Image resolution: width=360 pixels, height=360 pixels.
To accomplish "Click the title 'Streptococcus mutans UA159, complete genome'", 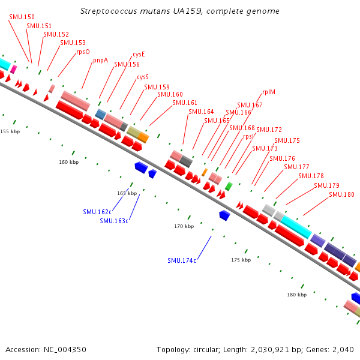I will [x=179, y=11].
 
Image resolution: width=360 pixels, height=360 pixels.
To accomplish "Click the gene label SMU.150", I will [x=22, y=17].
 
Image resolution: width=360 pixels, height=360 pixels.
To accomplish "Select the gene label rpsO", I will [x=83, y=52].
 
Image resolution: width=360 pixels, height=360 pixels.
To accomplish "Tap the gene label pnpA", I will [x=100, y=60].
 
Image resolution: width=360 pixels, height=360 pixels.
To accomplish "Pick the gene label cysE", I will [x=139, y=54].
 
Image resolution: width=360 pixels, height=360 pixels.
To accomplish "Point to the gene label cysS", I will [x=143, y=77].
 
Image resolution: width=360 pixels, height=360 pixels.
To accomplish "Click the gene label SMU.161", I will [x=185, y=103].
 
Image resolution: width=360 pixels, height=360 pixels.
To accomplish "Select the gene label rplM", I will [x=268, y=92].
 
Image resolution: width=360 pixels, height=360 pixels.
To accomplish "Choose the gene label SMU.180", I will [x=341, y=194].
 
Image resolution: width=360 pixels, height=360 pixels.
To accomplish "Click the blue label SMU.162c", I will [x=97, y=212].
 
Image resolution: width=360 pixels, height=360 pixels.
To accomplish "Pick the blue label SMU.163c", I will [x=114, y=221].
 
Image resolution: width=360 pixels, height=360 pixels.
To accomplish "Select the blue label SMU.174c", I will [x=182, y=260].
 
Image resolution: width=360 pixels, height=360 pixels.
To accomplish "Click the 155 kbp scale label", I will [x=10, y=131].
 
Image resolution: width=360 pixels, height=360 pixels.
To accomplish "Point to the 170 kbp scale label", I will [x=184, y=226].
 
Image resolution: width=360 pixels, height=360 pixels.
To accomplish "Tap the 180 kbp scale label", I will [x=296, y=295].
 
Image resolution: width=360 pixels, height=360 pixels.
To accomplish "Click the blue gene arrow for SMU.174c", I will [x=224, y=215].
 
